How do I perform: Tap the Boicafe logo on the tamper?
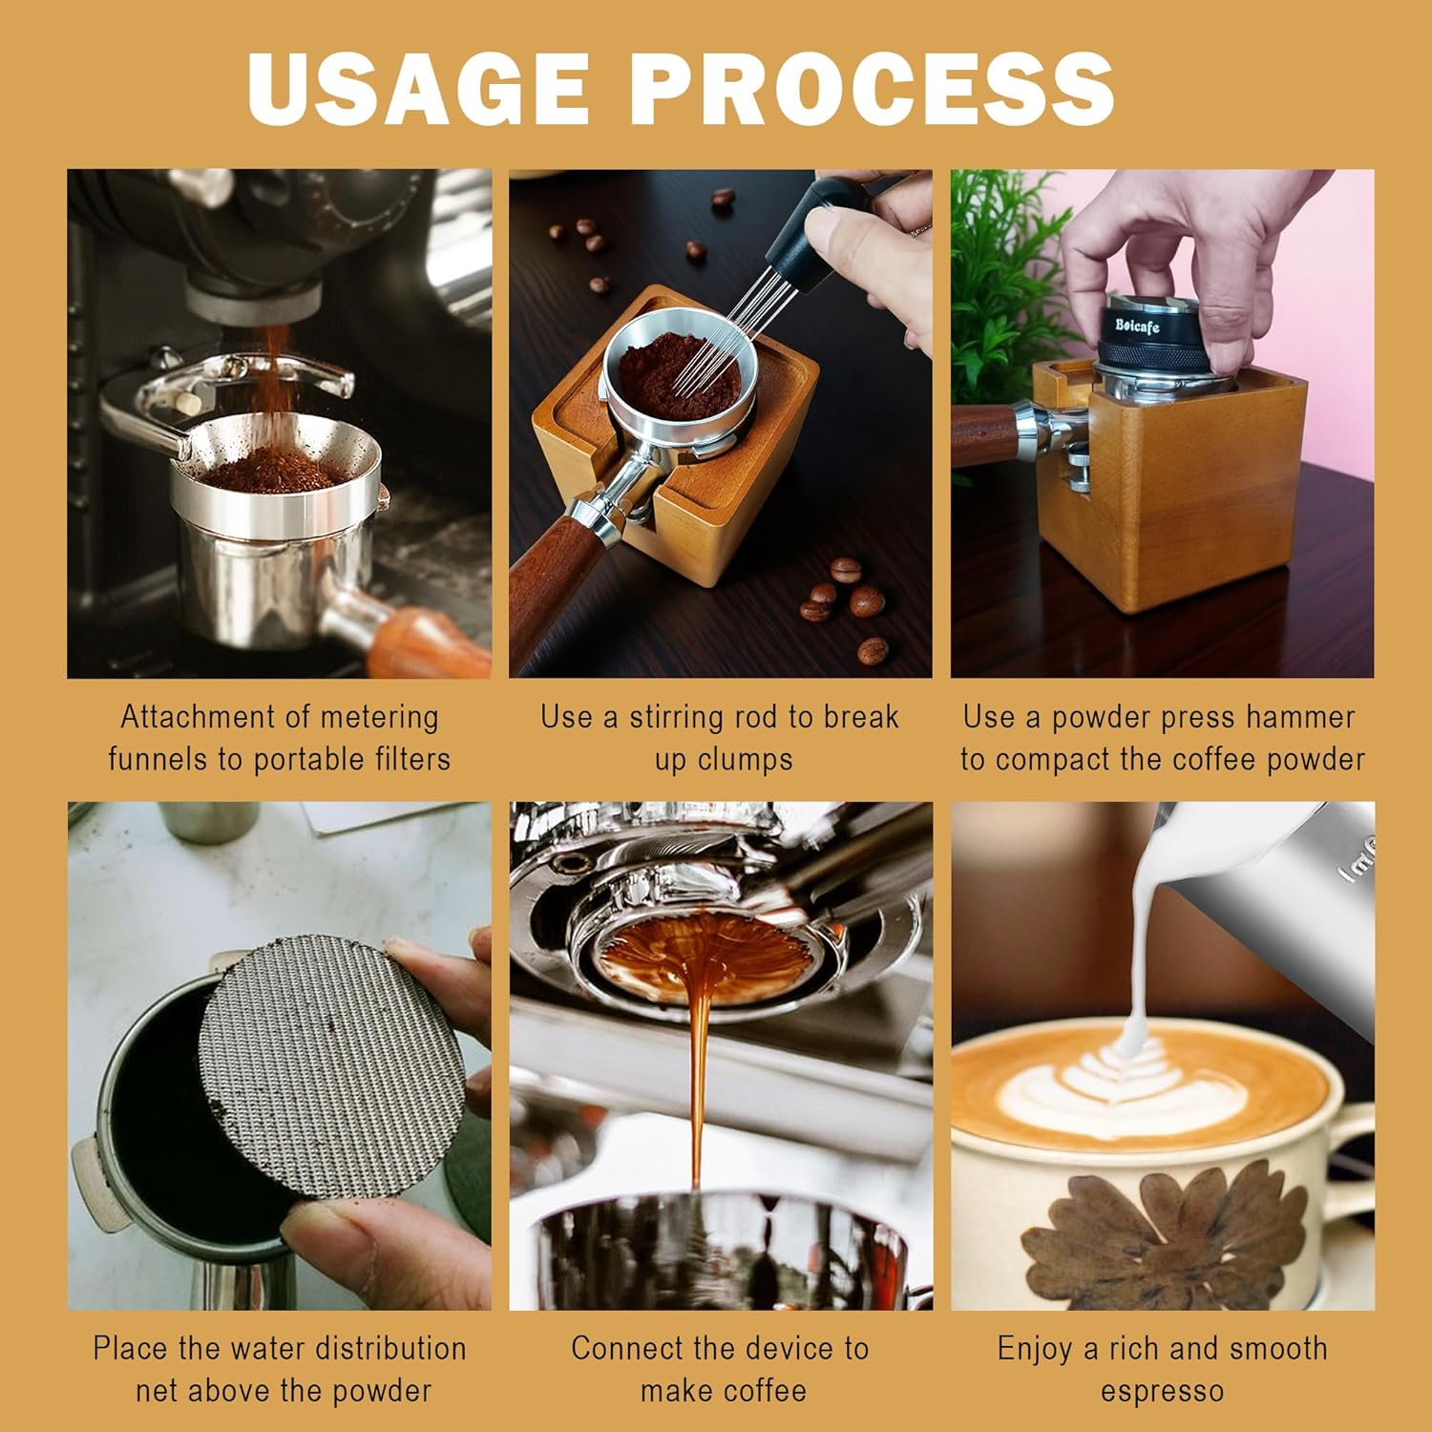pos(1137,326)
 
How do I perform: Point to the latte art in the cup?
pos(1127,1088)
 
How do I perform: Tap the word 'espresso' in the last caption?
pos(1162,1391)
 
